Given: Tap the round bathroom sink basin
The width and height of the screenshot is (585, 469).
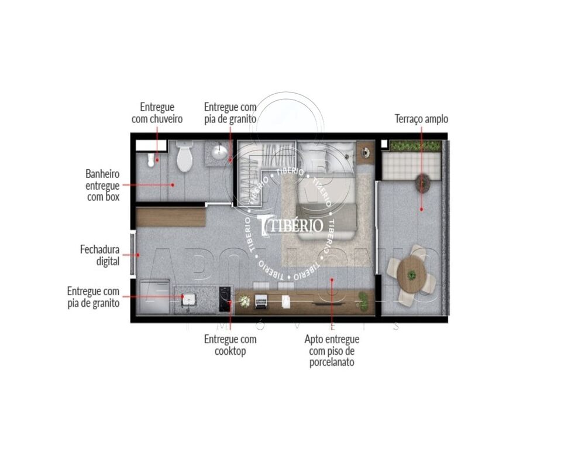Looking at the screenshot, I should pos(219,153).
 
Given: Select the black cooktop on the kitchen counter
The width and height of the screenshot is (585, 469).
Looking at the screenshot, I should pos(225,300).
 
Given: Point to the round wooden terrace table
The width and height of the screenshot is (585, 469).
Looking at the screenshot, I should pos(412,273).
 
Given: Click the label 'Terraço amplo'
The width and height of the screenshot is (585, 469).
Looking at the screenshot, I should pos(421,119).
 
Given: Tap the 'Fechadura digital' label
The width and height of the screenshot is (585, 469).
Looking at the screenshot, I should pos(99,255).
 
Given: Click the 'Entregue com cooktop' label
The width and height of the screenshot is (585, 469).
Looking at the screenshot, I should pos(230,345).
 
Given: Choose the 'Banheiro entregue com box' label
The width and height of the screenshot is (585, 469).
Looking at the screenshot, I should pos(102,185).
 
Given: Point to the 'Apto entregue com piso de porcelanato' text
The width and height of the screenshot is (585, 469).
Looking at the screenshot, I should pos(332,350).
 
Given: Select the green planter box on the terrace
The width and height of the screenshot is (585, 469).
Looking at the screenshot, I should pos(415,146).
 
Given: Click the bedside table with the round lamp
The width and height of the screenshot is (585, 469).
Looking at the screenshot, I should pos(366,151).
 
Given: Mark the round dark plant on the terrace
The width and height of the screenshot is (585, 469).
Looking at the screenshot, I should pos(423,183).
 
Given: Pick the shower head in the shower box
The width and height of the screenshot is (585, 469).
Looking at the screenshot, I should pos(151,159).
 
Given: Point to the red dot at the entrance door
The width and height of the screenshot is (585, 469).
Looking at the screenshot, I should pos(138,255).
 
